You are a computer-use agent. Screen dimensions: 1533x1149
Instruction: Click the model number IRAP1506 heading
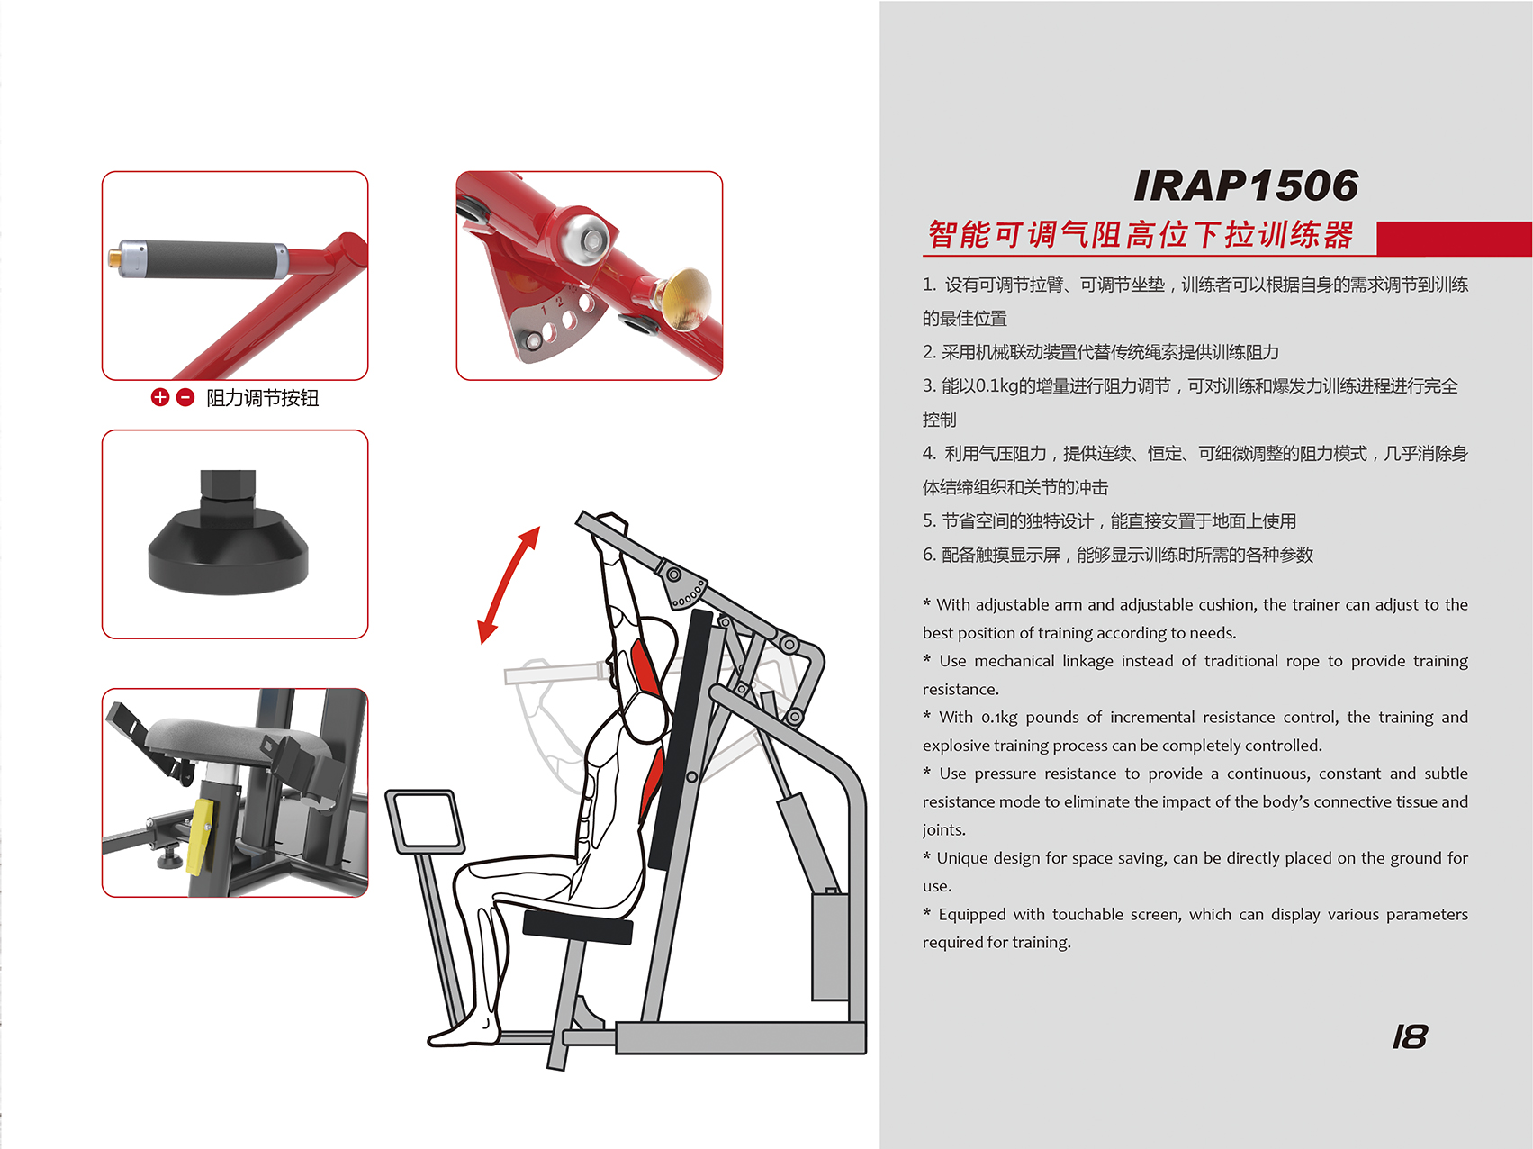coord(1246,185)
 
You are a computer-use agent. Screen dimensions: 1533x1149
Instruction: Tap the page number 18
coord(1410,1037)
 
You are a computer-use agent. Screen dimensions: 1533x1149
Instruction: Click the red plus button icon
coord(160,397)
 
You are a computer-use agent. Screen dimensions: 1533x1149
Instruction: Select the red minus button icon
coord(185,397)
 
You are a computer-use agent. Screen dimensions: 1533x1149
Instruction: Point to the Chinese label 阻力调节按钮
coord(262,398)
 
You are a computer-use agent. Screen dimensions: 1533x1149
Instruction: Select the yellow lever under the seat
coord(201,837)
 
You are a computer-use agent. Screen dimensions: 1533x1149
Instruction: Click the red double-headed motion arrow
coord(509,585)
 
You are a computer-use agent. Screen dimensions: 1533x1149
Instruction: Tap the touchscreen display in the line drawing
coord(425,821)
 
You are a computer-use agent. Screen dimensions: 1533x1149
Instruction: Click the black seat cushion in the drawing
coord(580,926)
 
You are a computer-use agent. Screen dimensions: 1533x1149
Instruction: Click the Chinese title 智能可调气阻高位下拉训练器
coord(1141,235)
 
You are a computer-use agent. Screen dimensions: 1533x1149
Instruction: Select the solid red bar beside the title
coord(1454,239)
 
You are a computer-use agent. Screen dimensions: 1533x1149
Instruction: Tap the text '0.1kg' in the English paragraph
coord(999,718)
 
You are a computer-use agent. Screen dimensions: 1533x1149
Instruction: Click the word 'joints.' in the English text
coord(944,830)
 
